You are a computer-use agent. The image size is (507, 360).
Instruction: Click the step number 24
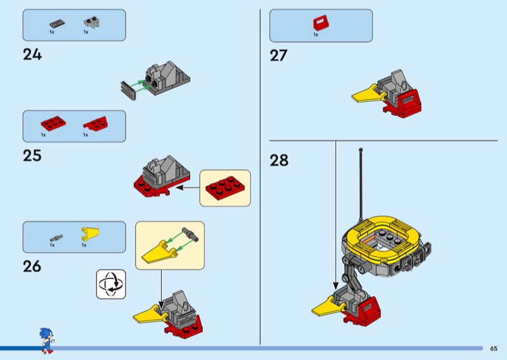(32, 55)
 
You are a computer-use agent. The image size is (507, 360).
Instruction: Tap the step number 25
(32, 155)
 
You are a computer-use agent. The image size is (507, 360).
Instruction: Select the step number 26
(32, 267)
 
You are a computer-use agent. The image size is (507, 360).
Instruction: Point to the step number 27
(279, 55)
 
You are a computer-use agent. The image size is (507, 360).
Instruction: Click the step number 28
(279, 160)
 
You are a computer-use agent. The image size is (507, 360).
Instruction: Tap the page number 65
(494, 349)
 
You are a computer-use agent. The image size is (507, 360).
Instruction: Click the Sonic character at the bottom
(46, 340)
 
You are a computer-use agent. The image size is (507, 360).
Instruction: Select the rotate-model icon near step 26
(111, 285)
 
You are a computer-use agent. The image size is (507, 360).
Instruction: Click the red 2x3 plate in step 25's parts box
(53, 123)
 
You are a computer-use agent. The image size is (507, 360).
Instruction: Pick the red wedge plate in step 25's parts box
(96, 123)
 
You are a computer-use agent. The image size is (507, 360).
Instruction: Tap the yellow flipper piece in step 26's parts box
(90, 234)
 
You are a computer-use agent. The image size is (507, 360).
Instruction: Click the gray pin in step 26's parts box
(56, 238)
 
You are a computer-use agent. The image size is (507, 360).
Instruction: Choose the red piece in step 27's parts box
(321, 23)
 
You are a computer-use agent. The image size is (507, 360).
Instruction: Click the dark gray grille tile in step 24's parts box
(57, 24)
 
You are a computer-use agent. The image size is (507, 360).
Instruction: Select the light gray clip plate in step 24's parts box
(92, 23)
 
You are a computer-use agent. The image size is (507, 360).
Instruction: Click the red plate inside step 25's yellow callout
(225, 188)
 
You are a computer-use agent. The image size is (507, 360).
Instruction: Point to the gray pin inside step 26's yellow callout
(189, 235)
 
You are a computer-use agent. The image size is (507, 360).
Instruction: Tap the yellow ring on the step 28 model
(382, 238)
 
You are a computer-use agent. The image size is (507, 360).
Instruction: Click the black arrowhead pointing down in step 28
(336, 286)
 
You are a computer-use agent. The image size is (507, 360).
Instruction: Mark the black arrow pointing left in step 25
(188, 187)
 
